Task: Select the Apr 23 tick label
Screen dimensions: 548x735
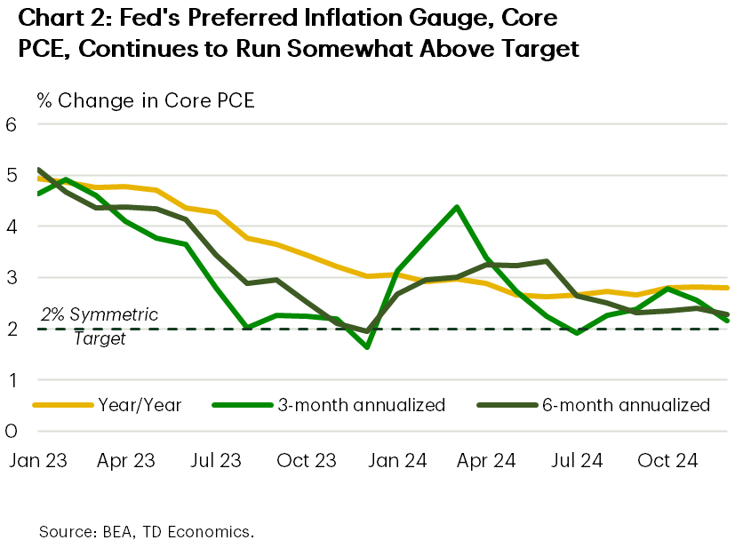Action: (x=126, y=461)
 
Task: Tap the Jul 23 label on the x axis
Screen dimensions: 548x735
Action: (x=215, y=461)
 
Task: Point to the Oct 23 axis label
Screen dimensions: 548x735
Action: (x=306, y=461)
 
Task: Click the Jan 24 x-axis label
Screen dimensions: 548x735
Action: (x=396, y=461)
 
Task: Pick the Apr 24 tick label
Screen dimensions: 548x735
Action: (x=486, y=461)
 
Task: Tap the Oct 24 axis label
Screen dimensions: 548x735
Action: (x=667, y=461)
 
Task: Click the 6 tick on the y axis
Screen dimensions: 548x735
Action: (x=12, y=124)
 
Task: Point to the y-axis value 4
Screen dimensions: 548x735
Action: (x=12, y=226)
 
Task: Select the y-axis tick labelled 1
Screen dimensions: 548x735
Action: (x=12, y=380)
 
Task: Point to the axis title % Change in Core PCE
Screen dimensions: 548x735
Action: (x=146, y=100)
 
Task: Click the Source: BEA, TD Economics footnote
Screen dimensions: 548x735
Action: (x=147, y=532)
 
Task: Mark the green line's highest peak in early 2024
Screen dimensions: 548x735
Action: (x=456, y=207)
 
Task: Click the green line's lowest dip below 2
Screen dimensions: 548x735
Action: (x=366, y=346)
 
